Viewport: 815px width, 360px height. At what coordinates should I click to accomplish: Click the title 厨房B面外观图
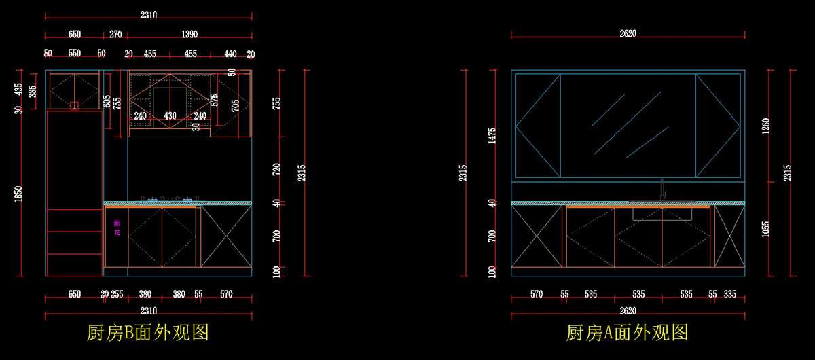(147, 333)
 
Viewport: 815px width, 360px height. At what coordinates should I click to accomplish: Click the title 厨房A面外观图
(628, 333)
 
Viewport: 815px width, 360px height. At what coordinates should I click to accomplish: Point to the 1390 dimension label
(190, 34)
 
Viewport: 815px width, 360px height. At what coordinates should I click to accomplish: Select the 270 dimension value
(115, 34)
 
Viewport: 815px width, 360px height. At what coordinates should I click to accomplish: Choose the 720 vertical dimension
(276, 170)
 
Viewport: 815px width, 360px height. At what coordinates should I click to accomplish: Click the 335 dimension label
(730, 294)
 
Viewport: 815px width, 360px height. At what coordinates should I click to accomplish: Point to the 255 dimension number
(117, 294)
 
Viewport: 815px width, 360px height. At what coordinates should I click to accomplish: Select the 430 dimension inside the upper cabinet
(170, 116)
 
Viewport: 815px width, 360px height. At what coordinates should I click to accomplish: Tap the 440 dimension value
(230, 54)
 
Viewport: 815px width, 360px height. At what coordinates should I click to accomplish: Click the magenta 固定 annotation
(117, 227)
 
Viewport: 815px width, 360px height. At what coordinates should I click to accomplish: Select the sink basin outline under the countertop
(662, 214)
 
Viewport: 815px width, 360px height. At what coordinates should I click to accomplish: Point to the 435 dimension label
(18, 89)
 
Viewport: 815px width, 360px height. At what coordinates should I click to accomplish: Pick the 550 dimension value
(75, 54)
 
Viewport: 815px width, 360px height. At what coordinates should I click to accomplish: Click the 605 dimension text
(107, 101)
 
